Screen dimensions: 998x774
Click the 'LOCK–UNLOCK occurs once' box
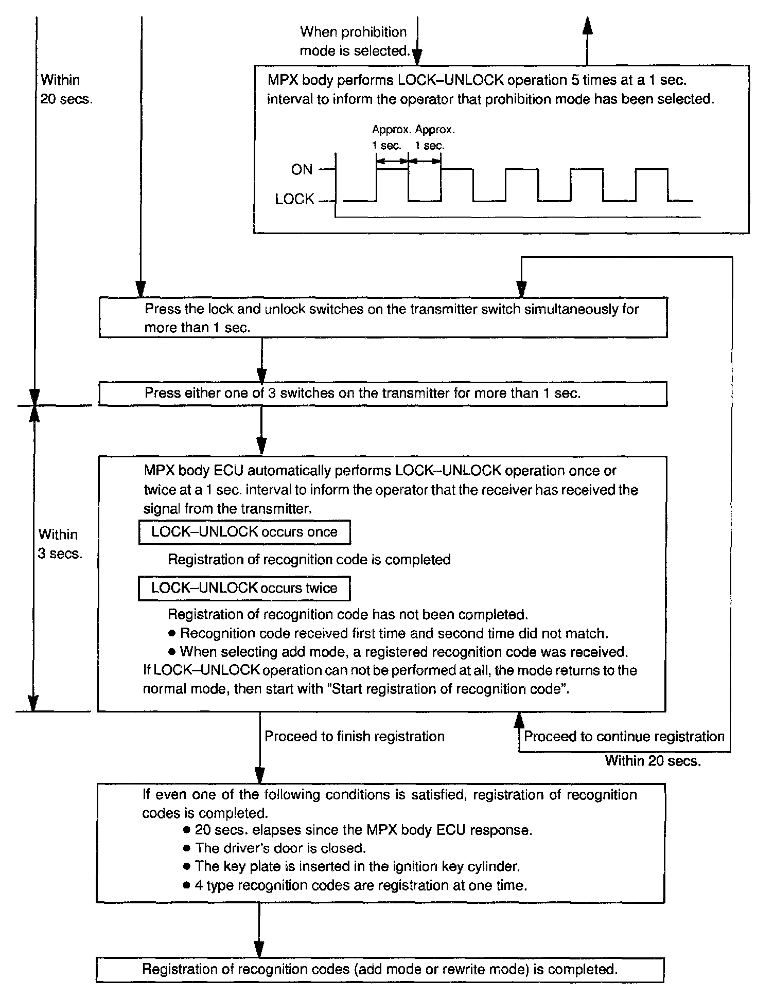tap(244, 532)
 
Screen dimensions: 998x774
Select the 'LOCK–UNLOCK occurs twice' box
tap(244, 588)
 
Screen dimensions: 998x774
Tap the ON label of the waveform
tap(302, 169)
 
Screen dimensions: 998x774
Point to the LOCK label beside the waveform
tap(294, 199)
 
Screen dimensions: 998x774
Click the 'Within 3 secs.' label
tap(60, 544)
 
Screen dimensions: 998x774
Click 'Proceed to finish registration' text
tap(354, 736)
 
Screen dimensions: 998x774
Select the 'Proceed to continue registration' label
tap(624, 736)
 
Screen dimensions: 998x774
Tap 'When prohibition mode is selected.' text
tap(354, 41)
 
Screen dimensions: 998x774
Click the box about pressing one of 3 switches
tap(383, 394)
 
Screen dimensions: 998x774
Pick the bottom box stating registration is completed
tap(380, 969)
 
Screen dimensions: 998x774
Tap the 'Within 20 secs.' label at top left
tap(66, 89)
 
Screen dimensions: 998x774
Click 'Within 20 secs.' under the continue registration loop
tap(653, 761)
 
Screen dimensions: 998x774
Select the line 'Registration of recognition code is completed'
tap(309, 560)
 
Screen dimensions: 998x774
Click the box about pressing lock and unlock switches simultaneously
tap(383, 318)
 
